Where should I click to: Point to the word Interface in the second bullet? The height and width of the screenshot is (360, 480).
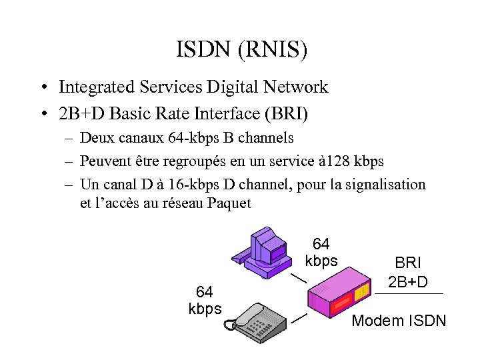[228, 113]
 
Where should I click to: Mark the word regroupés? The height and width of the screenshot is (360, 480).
[187, 161]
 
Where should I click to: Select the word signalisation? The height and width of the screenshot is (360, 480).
[385, 185]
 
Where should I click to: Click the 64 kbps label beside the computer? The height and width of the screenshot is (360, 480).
[321, 253]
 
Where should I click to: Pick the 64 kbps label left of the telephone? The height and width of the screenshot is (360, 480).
[205, 301]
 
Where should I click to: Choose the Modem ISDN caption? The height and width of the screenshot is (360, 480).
[398, 321]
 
